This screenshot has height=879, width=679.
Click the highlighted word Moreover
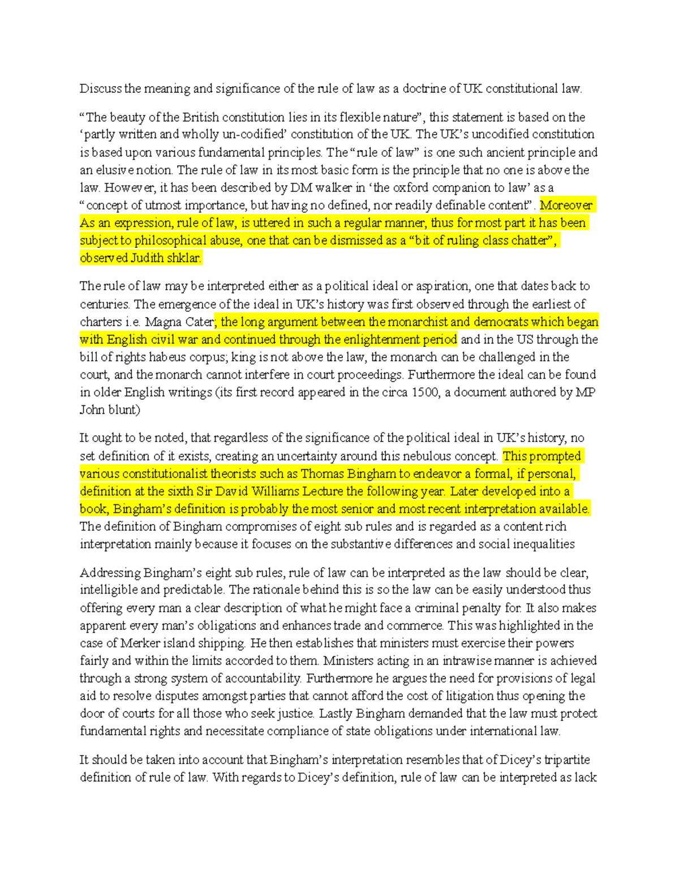(566, 205)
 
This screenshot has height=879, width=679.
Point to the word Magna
(163, 322)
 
